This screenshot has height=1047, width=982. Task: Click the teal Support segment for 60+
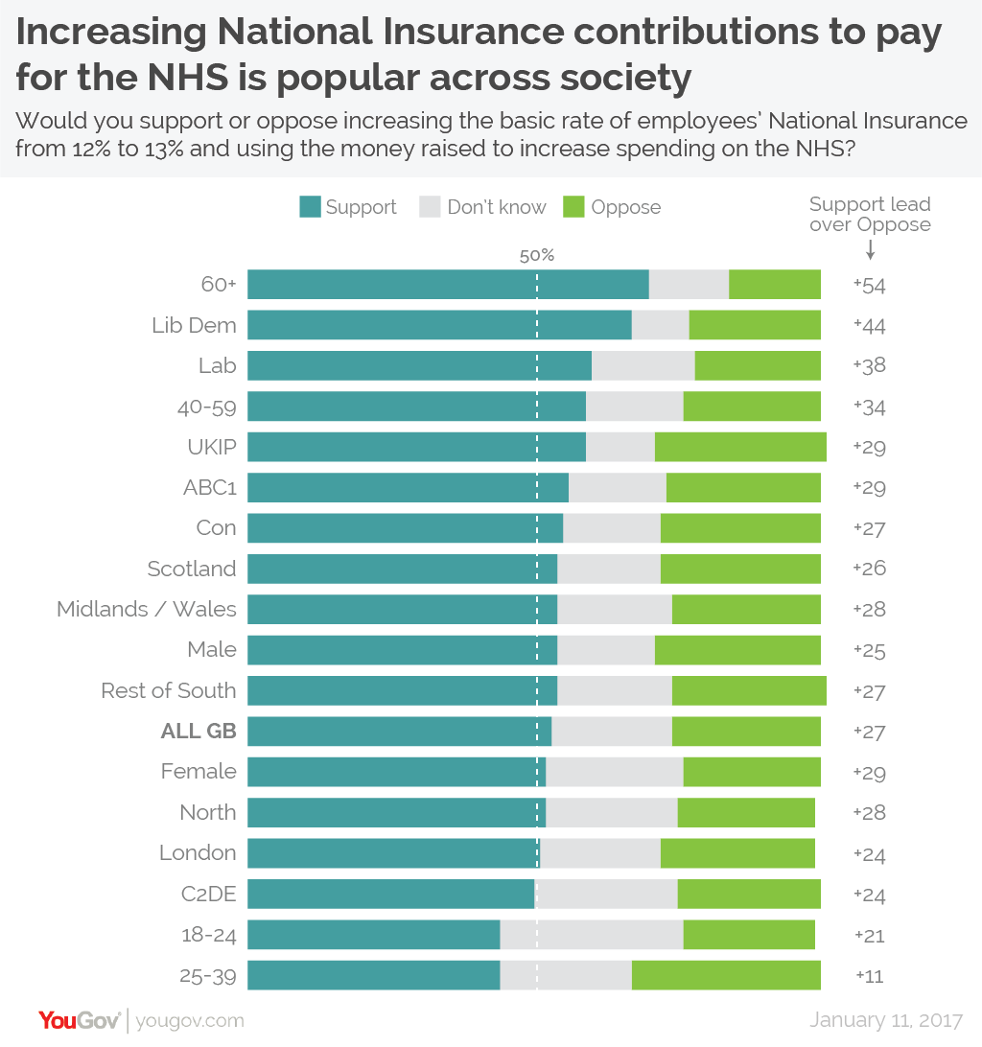click(x=448, y=285)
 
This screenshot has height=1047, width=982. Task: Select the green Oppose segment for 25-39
click(x=726, y=975)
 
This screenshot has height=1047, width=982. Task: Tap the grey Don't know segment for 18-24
click(x=592, y=935)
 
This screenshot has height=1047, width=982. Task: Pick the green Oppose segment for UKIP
click(x=740, y=447)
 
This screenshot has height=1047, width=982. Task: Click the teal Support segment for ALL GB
click(x=399, y=732)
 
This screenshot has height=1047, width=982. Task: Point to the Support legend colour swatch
click(x=310, y=207)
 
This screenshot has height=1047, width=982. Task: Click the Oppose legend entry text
click(x=625, y=207)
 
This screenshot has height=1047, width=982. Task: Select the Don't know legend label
click(x=496, y=207)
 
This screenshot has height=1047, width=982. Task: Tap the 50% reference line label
click(x=537, y=256)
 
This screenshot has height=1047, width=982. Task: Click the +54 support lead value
click(x=869, y=286)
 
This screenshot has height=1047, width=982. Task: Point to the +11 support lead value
click(x=869, y=976)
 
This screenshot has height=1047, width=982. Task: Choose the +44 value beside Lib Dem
click(x=869, y=326)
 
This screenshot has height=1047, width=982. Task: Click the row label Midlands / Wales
click(x=146, y=610)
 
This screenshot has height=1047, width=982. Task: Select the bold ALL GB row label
click(x=198, y=732)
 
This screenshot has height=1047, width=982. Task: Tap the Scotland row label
click(x=191, y=569)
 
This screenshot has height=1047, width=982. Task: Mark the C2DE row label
click(x=208, y=894)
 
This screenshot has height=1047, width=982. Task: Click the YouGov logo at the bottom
click(x=79, y=1020)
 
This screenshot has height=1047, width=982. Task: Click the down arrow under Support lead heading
click(x=870, y=249)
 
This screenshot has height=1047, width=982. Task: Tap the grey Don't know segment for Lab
click(x=643, y=366)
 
